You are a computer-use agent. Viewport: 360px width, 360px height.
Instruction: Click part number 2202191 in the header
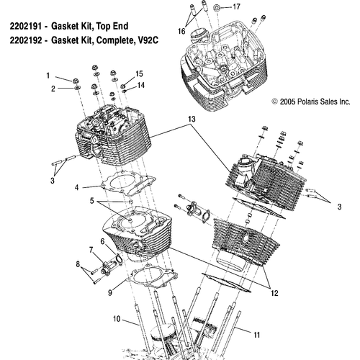tap(26, 26)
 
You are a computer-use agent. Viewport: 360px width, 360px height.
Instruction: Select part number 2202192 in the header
tap(26, 40)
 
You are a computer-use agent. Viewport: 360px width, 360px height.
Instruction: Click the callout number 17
tap(236, 6)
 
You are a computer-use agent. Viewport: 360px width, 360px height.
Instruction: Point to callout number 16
tap(181, 31)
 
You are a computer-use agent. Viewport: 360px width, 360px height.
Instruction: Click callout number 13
tap(192, 119)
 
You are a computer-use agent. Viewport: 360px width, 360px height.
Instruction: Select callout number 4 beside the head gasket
tap(76, 187)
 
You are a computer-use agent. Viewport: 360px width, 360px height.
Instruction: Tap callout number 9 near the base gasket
tap(110, 292)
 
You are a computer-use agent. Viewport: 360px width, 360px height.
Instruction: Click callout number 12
tap(274, 293)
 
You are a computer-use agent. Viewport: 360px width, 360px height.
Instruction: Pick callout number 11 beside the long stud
tap(257, 335)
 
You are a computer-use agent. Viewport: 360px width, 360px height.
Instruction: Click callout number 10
tap(117, 319)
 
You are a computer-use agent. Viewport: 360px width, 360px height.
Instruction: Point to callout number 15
tap(139, 74)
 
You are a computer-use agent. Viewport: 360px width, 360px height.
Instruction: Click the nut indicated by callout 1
tap(76, 81)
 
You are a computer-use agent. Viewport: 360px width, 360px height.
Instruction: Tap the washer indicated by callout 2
tap(77, 88)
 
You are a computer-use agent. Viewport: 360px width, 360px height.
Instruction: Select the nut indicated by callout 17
tap(217, 7)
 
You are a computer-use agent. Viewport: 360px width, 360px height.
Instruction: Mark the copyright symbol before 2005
tap(275, 102)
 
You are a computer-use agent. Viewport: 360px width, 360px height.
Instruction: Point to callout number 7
tap(91, 250)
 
